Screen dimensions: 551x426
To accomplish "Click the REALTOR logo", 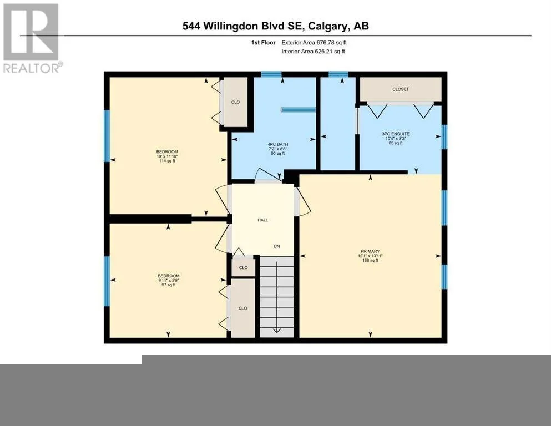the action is [32, 38].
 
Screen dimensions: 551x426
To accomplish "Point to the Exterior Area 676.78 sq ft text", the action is [314, 43].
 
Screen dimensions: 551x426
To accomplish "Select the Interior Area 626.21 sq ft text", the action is [313, 51].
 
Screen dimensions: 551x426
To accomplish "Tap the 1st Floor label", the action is [263, 43].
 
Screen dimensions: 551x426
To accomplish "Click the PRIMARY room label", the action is [370, 251].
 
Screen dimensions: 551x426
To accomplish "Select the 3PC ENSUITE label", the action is [396, 134].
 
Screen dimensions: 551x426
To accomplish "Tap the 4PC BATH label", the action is [277, 144].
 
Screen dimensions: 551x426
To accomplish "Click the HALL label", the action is [263, 220].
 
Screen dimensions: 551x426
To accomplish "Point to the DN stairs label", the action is [277, 246].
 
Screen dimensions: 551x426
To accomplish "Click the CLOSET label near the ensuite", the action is [401, 89].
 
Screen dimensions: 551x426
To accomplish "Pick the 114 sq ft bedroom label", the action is [167, 161].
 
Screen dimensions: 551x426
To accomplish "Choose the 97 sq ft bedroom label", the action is [169, 285].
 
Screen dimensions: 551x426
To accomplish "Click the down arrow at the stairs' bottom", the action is [277, 330].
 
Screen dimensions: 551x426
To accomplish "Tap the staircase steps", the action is [276, 297].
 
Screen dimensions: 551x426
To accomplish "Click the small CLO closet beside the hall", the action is [243, 267].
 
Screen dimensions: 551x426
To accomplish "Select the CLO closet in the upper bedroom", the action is [235, 102].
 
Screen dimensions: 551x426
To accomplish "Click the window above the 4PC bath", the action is [271, 74].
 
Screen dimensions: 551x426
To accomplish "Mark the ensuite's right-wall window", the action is [444, 136].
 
